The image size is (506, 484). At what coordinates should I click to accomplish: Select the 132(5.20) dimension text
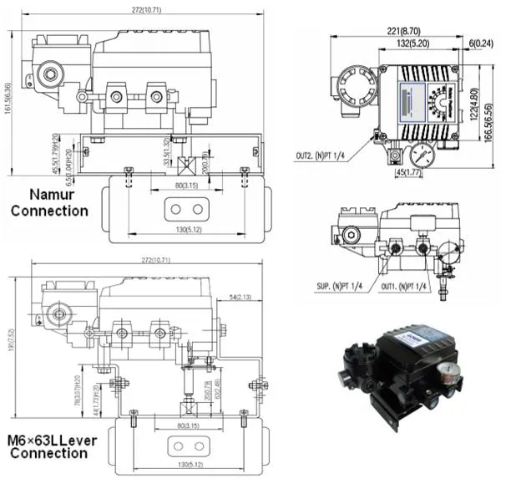[414, 42]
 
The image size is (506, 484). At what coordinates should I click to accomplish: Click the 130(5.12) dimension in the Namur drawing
[181, 232]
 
